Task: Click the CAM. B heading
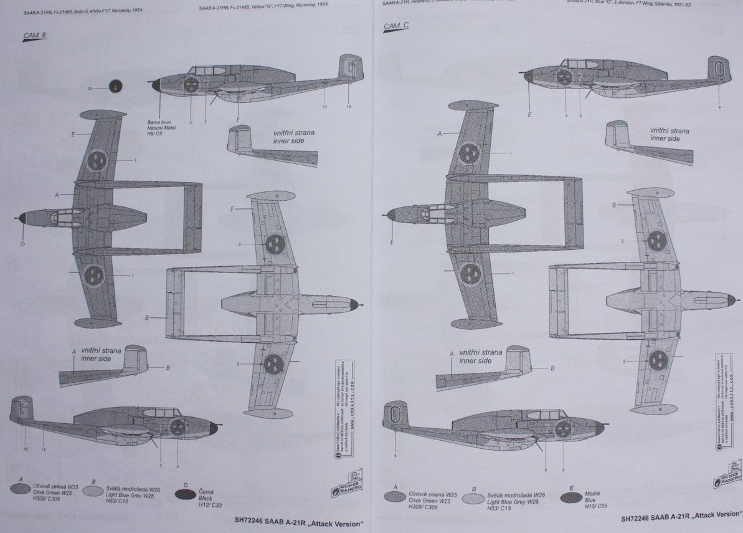pyautogui.click(x=34, y=36)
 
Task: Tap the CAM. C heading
pyautogui.click(x=396, y=26)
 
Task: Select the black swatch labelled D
pyautogui.click(x=186, y=494)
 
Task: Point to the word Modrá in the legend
pyautogui.click(x=592, y=493)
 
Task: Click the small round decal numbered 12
pyautogui.click(x=115, y=87)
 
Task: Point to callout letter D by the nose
pyautogui.click(x=22, y=244)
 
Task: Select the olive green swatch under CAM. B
pyautogui.click(x=21, y=489)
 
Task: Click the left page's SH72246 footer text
pyautogui.click(x=298, y=523)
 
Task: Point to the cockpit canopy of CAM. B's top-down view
pyautogui.click(x=63, y=217)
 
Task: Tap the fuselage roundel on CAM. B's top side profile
pyautogui.click(x=191, y=85)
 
